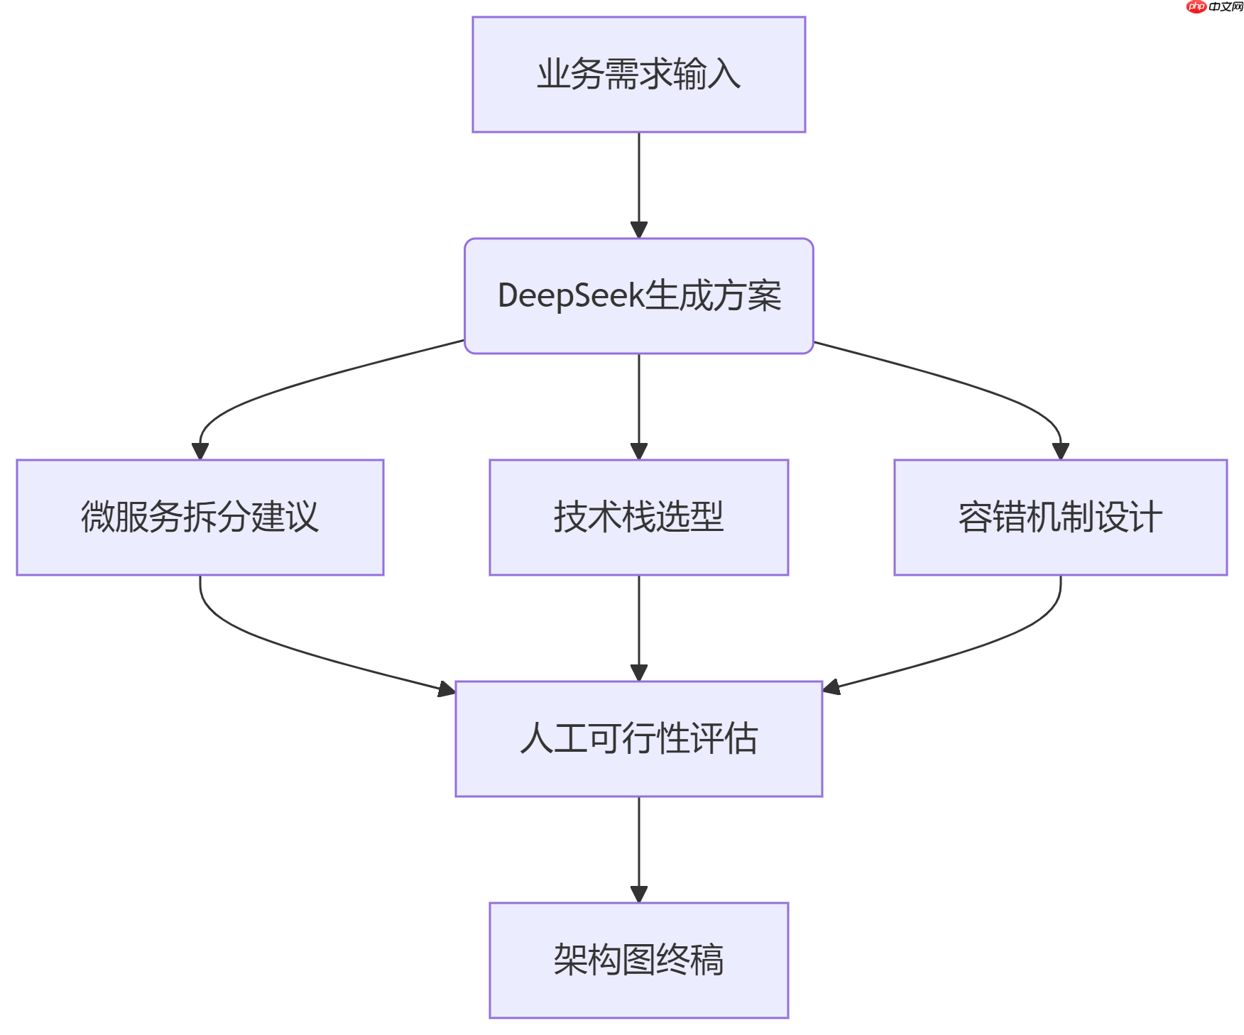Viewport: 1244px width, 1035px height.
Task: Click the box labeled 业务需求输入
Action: point(638,75)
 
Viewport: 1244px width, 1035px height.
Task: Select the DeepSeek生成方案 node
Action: point(638,296)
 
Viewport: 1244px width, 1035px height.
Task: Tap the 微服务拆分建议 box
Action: point(200,517)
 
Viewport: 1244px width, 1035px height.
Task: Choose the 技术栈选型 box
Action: point(638,517)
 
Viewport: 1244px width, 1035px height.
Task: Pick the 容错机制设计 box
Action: point(1060,517)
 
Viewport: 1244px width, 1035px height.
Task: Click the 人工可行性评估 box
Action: point(638,738)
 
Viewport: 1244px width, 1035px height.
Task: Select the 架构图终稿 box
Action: point(638,960)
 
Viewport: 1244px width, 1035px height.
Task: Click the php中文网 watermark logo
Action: point(1214,7)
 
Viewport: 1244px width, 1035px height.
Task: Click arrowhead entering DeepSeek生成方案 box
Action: point(638,230)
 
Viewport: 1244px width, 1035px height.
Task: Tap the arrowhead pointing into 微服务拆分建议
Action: point(200,451)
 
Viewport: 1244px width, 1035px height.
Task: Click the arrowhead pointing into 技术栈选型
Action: point(638,451)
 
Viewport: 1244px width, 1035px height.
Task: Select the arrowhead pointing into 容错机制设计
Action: point(1060,451)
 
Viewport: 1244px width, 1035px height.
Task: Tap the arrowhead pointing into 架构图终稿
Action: point(638,894)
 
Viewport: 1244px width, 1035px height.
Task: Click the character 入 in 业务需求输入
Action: point(724,75)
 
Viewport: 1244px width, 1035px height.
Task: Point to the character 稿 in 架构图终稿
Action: point(706,960)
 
